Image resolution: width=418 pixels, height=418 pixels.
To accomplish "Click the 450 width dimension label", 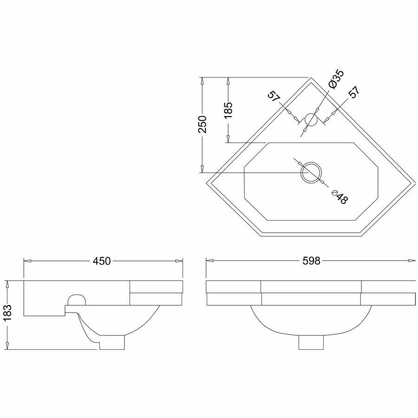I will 102,261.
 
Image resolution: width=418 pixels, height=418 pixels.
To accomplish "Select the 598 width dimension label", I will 311,261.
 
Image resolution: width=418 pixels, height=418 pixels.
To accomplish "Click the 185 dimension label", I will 228,110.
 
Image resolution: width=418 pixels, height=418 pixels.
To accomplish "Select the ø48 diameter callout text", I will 340,197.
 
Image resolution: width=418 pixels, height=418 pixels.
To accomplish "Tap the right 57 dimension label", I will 354,92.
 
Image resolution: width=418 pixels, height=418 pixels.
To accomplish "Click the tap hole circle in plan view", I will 310,120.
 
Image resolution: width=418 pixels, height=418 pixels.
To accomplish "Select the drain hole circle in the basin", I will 310,173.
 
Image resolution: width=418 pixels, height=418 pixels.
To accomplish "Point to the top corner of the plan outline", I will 310,78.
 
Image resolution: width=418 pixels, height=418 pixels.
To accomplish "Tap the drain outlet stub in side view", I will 111,343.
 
